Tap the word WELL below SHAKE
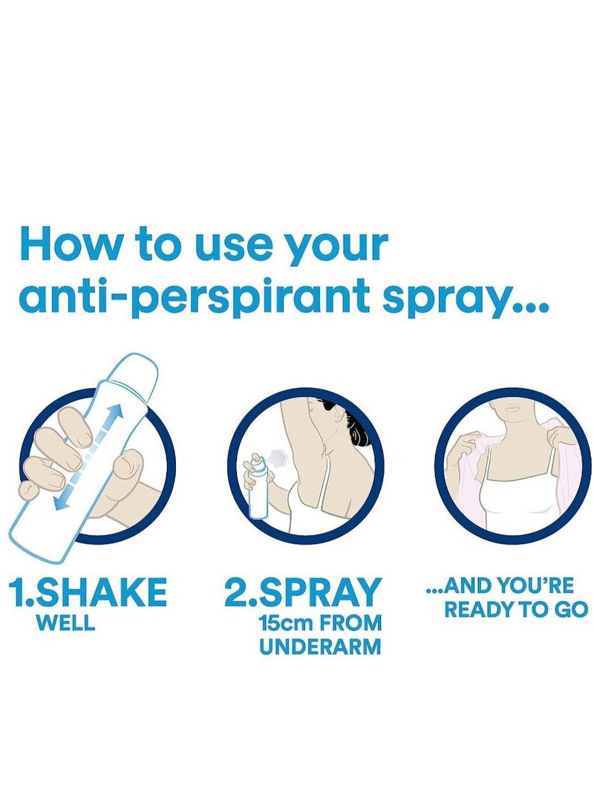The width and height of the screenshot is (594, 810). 65,623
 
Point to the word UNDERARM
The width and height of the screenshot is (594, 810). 320,647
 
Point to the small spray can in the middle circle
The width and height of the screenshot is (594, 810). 258,490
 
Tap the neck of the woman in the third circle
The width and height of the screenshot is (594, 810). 512,423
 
